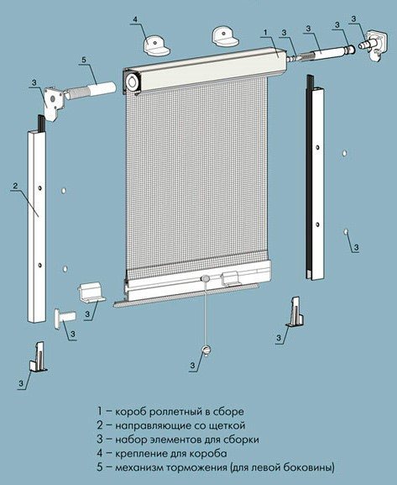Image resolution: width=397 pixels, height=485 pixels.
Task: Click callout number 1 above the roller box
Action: pyautogui.click(x=266, y=32)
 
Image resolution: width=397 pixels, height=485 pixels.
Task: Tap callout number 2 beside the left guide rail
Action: pyautogui.click(x=15, y=186)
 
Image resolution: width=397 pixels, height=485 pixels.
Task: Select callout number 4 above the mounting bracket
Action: pyautogui.click(x=135, y=19)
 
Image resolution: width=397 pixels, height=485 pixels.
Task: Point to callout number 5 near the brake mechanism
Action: pyautogui.click(x=84, y=60)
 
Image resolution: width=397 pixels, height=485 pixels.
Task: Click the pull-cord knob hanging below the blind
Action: pyautogui.click(x=206, y=350)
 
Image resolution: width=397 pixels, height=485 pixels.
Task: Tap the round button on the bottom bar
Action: pyautogui.click(x=205, y=278)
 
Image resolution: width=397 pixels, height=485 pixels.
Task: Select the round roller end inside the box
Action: pyautogui.click(x=133, y=82)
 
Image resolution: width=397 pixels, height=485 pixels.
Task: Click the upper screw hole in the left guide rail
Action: pyautogui.click(x=40, y=188)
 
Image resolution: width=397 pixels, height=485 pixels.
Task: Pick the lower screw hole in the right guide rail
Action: pyautogui.click(x=317, y=224)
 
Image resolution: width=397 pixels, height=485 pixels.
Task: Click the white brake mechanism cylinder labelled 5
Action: pyautogui.click(x=102, y=87)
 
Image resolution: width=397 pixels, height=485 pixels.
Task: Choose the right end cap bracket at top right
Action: pyautogui.click(x=376, y=45)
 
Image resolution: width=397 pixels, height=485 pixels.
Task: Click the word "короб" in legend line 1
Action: pyautogui.click(x=130, y=412)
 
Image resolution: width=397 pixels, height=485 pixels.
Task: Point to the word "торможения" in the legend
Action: pyautogui.click(x=196, y=467)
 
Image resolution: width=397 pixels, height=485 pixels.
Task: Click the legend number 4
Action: pyautogui.click(x=100, y=453)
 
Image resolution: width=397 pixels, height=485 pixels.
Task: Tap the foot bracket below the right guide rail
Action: pyautogui.click(x=295, y=312)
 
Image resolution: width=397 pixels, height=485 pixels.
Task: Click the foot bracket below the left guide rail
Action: pyautogui.click(x=39, y=356)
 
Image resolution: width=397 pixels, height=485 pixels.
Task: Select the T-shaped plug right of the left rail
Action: pyautogui.click(x=65, y=318)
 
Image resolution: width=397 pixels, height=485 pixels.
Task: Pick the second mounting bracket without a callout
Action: pyautogui.click(x=225, y=36)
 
